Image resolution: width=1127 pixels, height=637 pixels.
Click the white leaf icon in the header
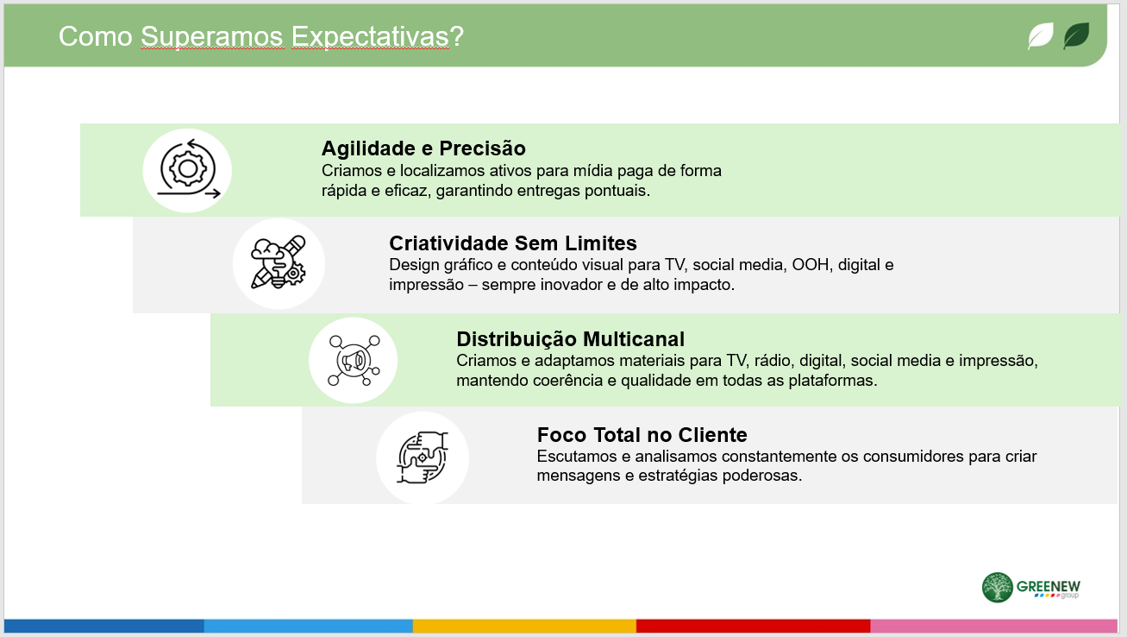[x=1041, y=35]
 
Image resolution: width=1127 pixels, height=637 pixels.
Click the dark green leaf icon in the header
[x=1076, y=35]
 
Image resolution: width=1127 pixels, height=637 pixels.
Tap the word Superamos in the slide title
[x=212, y=37]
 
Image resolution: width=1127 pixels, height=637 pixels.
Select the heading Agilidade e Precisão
[x=423, y=148]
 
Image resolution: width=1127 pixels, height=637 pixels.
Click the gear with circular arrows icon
[x=188, y=169]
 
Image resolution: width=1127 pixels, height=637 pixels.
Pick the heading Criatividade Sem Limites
[x=513, y=243]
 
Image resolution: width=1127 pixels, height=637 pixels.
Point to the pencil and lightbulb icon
[x=279, y=262]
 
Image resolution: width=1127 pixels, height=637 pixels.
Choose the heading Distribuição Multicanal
[x=570, y=339]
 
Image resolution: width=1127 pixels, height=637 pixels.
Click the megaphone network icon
[x=354, y=361]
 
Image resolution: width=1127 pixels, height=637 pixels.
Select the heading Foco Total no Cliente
[x=642, y=434]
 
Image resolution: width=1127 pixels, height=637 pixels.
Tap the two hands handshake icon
[x=423, y=457]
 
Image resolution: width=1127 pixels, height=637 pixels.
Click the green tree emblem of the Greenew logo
[x=997, y=587]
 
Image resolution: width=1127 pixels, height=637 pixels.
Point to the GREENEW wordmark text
[x=1049, y=587]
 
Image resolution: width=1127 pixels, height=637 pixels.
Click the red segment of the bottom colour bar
[x=753, y=626]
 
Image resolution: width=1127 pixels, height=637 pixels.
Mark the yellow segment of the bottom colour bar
[x=524, y=626]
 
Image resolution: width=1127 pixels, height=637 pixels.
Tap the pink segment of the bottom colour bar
[x=994, y=626]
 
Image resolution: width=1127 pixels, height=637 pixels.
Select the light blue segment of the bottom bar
[x=309, y=626]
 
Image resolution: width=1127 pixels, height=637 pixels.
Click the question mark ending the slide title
[x=457, y=37]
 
